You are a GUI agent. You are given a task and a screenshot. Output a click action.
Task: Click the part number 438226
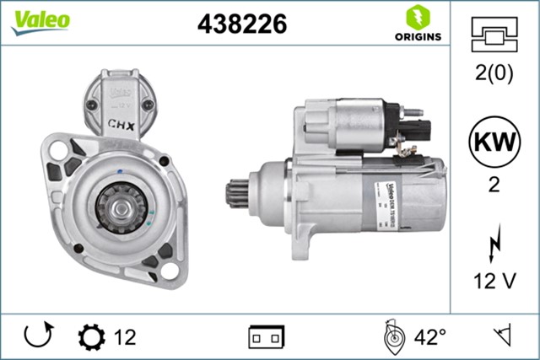coord(241,24)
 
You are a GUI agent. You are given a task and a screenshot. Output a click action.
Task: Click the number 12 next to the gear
coord(124,337)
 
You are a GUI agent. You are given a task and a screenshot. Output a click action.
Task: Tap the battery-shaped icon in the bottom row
coord(266,337)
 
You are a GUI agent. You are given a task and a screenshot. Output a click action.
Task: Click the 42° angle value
coord(429,337)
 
